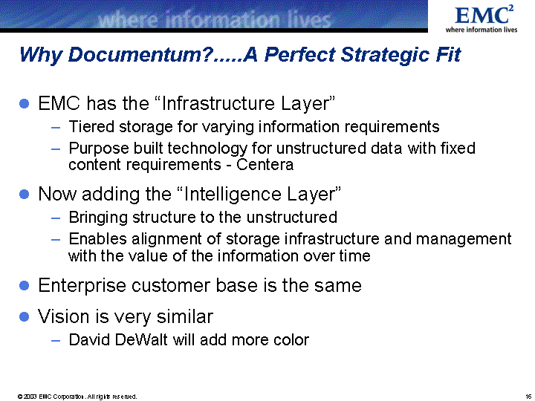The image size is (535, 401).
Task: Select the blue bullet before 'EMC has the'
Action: pyautogui.click(x=25, y=103)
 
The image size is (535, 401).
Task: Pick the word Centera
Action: pyautogui.click(x=265, y=164)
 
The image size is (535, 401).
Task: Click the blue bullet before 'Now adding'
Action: pyautogui.click(x=25, y=194)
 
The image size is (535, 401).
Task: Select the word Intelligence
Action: pyautogui.click(x=233, y=194)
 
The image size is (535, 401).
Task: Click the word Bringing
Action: pyautogui.click(x=98, y=217)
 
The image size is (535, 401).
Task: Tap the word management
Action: pyautogui.click(x=464, y=239)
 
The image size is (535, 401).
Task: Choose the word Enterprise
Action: pyautogui.click(x=82, y=285)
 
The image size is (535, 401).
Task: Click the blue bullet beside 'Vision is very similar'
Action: pyautogui.click(x=25, y=316)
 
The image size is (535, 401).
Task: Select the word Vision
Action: pyautogui.click(x=64, y=316)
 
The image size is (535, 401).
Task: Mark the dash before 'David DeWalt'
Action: pyautogui.click(x=56, y=340)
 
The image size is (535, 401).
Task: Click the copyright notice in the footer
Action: pyautogui.click(x=77, y=397)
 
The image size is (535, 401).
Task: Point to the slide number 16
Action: pyautogui.click(x=528, y=397)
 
